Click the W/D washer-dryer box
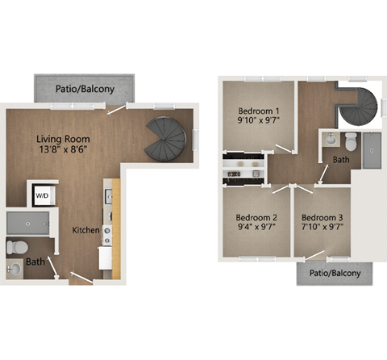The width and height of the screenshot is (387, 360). (x=40, y=194)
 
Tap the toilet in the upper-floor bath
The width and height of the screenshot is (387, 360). (x=350, y=143)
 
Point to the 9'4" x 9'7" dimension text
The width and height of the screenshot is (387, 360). (x=256, y=227)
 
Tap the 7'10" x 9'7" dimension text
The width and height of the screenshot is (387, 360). (x=322, y=227)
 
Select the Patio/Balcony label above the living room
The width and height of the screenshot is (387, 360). (x=84, y=88)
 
